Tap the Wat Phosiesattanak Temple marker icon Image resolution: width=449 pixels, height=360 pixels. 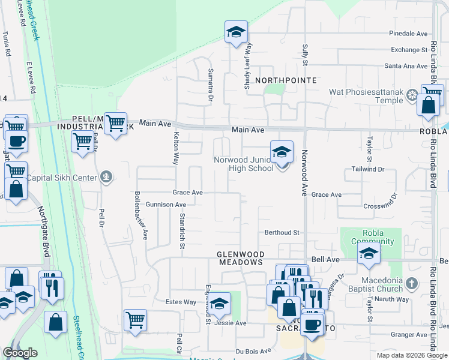412,95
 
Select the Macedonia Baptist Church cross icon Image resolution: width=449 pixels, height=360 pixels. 411,283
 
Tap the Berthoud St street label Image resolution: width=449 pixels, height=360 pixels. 282,232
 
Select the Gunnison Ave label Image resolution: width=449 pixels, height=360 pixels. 166,205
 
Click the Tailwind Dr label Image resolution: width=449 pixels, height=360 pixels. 368,170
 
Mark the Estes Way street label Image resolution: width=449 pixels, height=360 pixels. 181,302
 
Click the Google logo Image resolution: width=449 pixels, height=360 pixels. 20,353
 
